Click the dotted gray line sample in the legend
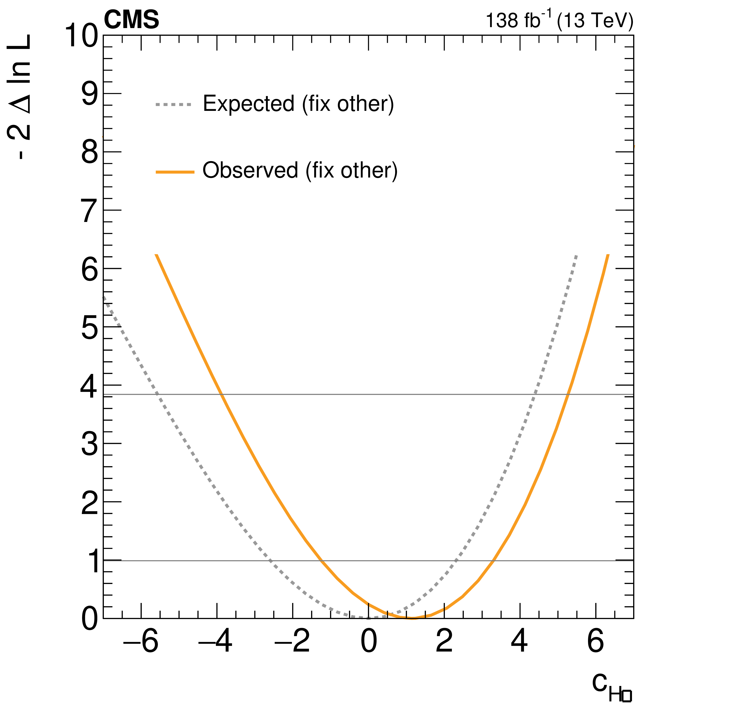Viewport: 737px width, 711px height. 174,105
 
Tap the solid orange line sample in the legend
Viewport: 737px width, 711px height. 175,172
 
